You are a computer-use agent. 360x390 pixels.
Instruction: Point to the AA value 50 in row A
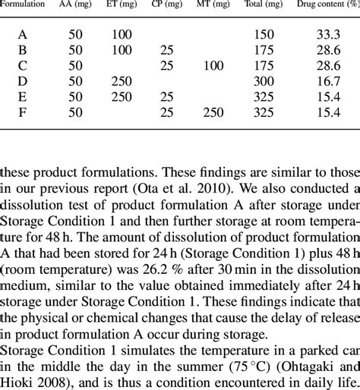[x=74, y=35]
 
